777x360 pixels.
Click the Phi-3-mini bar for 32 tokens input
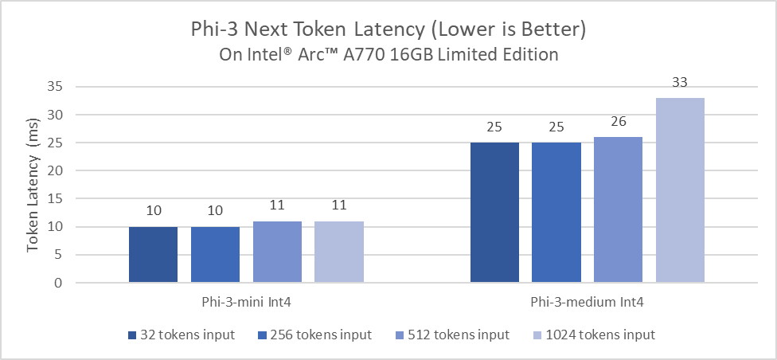tap(153, 255)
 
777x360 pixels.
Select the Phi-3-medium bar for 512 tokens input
tap(618, 209)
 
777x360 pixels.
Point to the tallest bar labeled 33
tap(680, 190)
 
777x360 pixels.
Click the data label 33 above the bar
tap(680, 83)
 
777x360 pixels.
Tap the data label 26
tap(618, 122)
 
